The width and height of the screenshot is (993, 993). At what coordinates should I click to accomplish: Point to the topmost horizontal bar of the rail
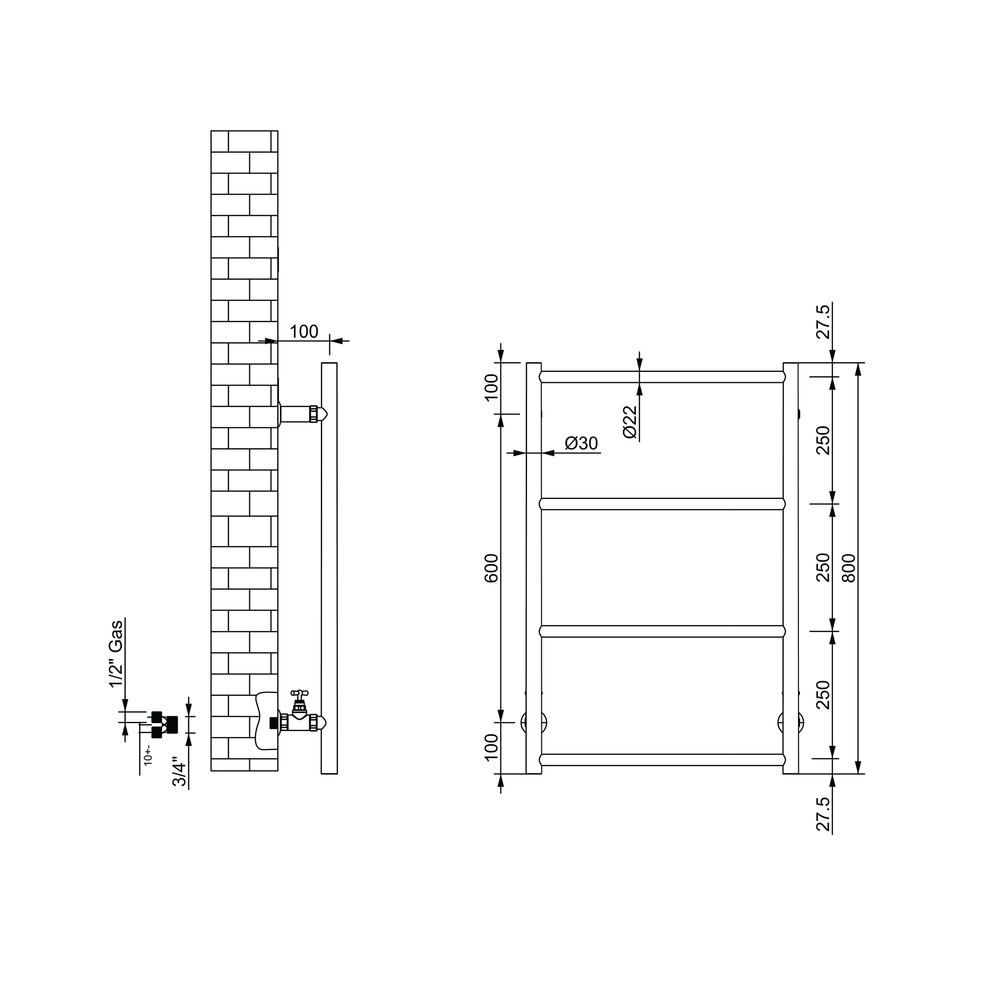tap(662, 377)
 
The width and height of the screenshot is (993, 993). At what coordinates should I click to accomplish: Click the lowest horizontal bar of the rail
tap(662, 760)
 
